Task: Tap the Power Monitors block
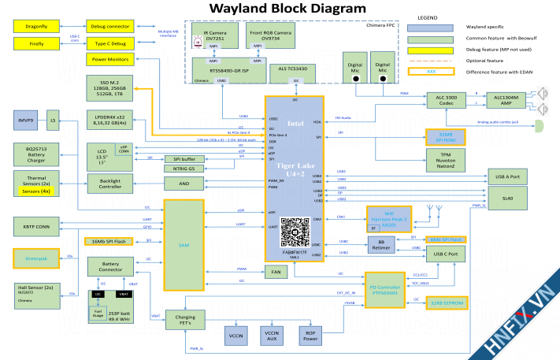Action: (x=110, y=60)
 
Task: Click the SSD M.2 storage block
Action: (x=110, y=87)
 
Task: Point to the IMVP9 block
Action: (x=26, y=120)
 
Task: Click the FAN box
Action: (x=276, y=272)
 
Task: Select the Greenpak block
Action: (x=36, y=257)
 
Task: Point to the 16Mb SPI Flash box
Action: (x=111, y=240)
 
